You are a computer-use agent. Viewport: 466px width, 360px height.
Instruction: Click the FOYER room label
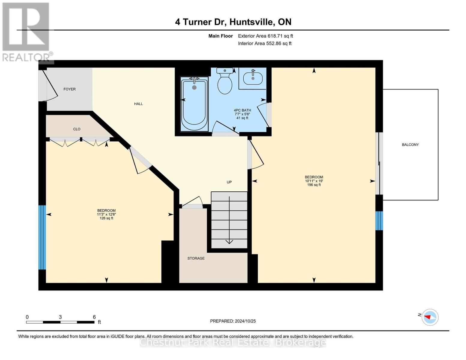tap(69, 89)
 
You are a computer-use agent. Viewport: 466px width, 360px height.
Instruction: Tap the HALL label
tap(138, 104)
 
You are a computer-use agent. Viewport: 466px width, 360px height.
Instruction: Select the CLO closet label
tap(77, 129)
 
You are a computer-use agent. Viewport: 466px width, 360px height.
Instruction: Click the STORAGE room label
tap(196, 258)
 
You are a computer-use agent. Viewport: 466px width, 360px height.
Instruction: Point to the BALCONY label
tap(410, 145)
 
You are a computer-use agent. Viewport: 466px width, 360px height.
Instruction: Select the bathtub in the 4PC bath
tap(194, 104)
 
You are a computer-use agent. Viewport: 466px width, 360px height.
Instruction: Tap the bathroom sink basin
tap(253, 78)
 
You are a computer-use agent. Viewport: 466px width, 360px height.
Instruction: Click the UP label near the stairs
tap(229, 182)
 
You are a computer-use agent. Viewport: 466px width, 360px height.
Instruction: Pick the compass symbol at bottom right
tap(430, 317)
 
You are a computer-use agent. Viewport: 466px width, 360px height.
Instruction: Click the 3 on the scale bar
tap(60, 317)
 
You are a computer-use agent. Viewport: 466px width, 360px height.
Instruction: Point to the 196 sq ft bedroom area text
tap(314, 185)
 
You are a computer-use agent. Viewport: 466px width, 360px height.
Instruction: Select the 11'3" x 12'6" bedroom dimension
tap(106, 214)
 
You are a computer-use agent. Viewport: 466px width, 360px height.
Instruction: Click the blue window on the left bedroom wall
tap(42, 237)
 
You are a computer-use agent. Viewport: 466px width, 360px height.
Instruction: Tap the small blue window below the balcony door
tap(379, 220)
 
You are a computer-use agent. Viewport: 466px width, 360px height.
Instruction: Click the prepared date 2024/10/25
tap(245, 321)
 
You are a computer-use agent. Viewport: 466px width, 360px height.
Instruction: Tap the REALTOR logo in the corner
tap(26, 31)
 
